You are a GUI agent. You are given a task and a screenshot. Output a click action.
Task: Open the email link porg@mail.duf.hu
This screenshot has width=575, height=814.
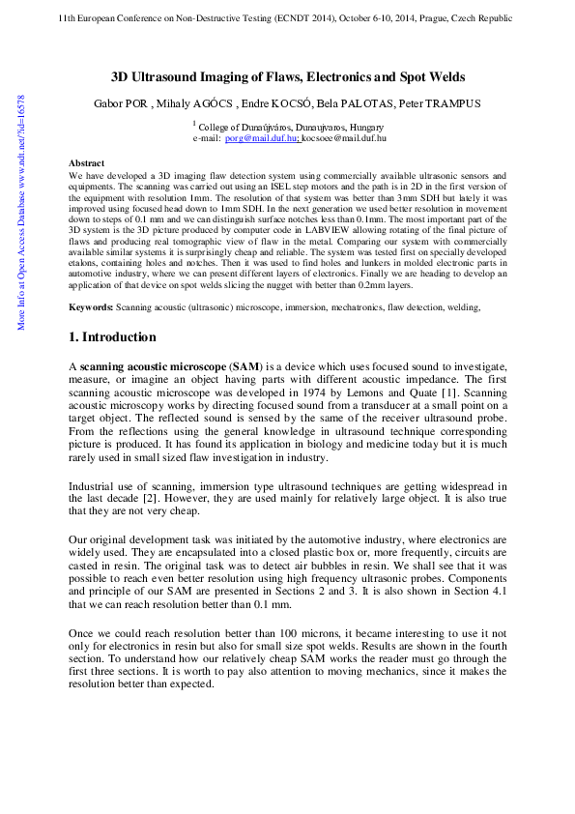(x=260, y=138)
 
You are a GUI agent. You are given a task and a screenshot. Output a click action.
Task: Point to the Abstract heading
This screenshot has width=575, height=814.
(x=87, y=164)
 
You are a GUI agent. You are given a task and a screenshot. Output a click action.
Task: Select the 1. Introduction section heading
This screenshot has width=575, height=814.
(x=112, y=337)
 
